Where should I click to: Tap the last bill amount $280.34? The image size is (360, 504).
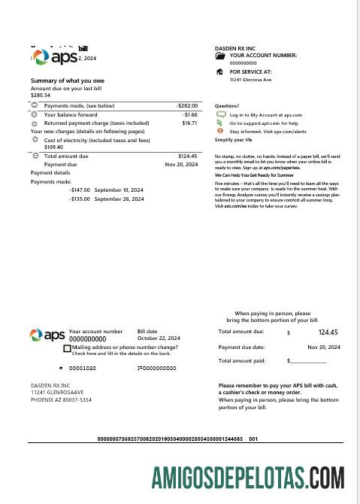point(41,96)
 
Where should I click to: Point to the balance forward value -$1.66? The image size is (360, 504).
point(189,114)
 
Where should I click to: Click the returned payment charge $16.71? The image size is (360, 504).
point(189,123)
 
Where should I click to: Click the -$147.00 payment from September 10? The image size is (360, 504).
point(80,190)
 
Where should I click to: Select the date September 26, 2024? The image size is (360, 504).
point(119,199)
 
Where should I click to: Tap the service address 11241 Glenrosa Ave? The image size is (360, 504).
point(250,79)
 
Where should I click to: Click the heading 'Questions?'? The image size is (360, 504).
point(227,106)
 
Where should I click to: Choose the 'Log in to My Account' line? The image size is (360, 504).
point(265,114)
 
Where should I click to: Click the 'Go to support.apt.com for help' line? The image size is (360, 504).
point(264,123)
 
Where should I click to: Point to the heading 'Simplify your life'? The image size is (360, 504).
point(234,140)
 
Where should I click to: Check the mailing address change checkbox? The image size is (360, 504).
point(68,349)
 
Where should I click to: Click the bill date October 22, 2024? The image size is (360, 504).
point(158,339)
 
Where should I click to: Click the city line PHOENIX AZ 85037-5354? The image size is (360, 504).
point(61,400)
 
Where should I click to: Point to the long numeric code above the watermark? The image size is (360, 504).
point(177,439)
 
